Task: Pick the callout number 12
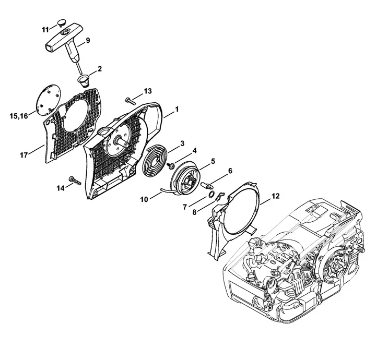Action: coord(276,197)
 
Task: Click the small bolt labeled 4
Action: coord(171,165)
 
